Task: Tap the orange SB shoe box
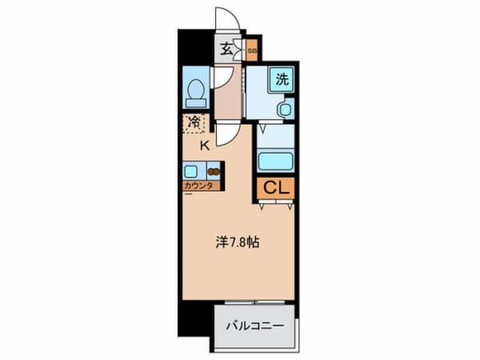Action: [x=251, y=51]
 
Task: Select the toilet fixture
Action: [x=195, y=94]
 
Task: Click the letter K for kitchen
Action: [x=204, y=145]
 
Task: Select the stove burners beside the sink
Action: [x=214, y=170]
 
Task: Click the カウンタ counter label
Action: [x=196, y=186]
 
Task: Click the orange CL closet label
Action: [x=275, y=188]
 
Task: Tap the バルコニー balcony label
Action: [x=253, y=326]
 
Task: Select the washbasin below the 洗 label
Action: [x=285, y=108]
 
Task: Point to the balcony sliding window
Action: [x=254, y=302]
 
